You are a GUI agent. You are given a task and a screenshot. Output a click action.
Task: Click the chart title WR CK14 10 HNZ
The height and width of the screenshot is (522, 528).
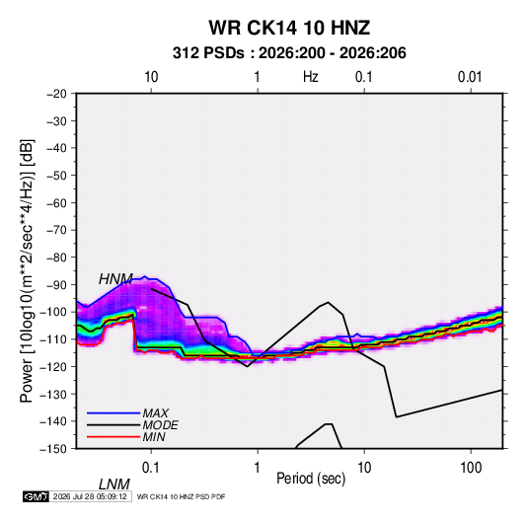coord(289,28)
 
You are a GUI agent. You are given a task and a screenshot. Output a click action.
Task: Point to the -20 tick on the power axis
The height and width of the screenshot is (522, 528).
coord(56,94)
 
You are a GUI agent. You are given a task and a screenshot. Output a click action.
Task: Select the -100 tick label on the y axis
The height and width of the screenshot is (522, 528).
coord(54,312)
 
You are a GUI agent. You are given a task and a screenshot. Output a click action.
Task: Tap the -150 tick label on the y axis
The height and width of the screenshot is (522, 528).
coord(54,449)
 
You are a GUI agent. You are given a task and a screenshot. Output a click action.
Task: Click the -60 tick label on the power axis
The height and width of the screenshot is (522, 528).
coord(56,202)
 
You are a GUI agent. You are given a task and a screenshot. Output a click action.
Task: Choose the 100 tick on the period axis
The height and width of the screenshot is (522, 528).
coord(471,468)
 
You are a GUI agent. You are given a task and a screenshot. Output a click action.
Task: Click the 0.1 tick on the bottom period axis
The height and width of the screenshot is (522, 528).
coord(151,468)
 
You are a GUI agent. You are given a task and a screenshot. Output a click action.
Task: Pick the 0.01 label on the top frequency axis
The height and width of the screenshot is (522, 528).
coord(470,77)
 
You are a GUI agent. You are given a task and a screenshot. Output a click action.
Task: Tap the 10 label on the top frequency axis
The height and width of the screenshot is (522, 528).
coord(151,77)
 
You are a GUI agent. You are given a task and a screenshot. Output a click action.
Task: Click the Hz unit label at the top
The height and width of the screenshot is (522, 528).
coord(311,77)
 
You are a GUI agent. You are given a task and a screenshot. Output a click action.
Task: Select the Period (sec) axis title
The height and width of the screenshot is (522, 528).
coord(311,479)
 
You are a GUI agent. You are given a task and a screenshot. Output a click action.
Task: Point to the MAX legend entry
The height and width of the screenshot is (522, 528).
coord(156,413)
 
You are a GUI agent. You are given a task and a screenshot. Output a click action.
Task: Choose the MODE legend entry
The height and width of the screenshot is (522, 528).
coord(160,425)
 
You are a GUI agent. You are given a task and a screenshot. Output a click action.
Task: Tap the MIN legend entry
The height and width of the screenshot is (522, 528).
coord(154,437)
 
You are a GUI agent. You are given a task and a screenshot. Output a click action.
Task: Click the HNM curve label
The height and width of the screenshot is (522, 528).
coord(115,279)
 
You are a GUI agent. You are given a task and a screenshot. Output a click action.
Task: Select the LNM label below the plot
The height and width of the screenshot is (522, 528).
coord(114,485)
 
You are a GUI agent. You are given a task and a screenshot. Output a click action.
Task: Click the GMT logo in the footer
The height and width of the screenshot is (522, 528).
coord(37,496)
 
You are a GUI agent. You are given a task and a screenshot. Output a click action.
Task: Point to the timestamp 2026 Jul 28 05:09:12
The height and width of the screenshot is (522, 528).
coord(90,496)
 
